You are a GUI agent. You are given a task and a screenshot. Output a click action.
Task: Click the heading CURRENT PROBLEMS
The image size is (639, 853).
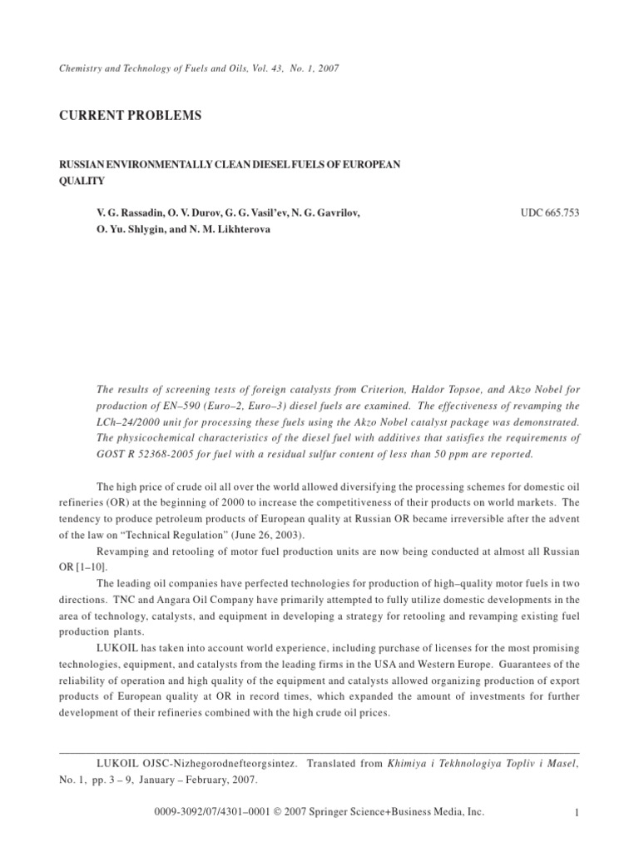(x=130, y=116)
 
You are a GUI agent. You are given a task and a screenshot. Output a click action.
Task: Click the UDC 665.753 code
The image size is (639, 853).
(x=550, y=213)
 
